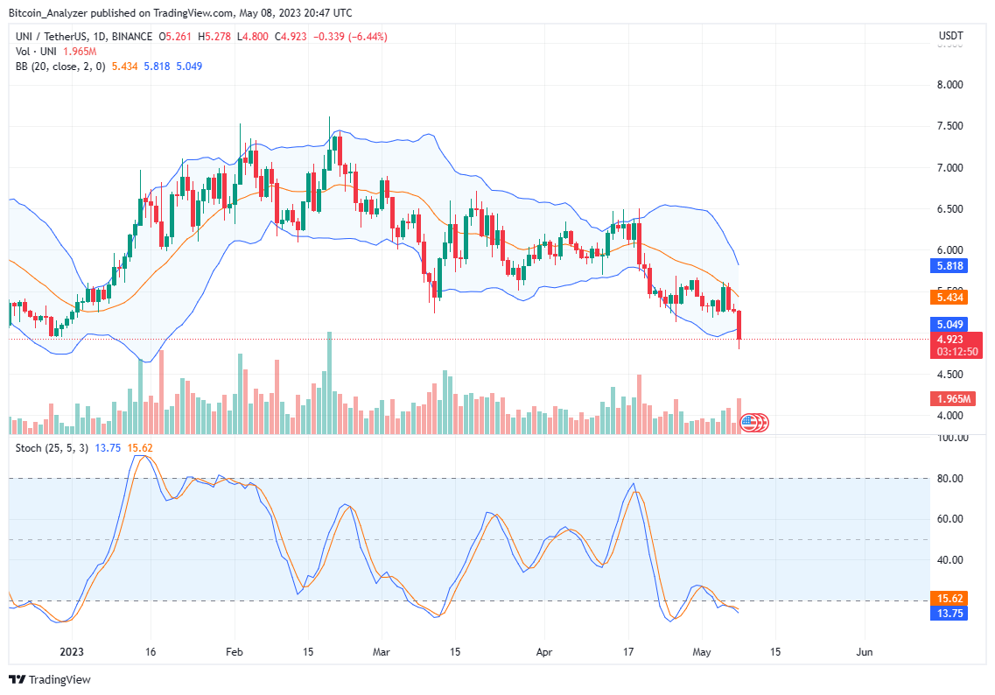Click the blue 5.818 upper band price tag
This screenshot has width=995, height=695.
(952, 265)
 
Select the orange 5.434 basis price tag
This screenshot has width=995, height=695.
(952, 298)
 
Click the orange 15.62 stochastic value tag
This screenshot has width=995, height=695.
(951, 599)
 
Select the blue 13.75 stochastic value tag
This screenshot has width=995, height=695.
(951, 614)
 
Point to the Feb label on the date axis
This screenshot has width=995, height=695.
(234, 652)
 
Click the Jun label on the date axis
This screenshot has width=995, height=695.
(865, 652)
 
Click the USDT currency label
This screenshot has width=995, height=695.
(950, 36)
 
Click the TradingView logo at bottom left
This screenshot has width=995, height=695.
(51, 679)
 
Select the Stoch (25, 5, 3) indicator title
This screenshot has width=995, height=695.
(51, 447)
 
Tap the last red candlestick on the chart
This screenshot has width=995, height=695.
(739, 325)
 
